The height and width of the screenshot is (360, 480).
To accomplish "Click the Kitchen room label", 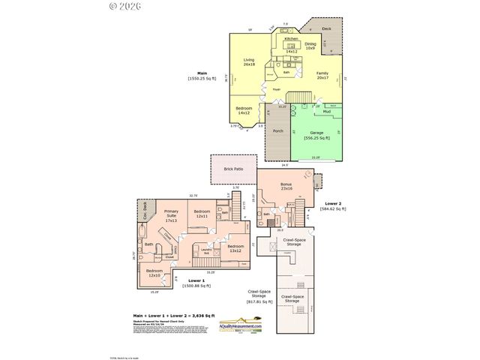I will coord(291,38).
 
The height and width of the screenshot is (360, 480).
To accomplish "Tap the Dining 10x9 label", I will coord(310,46).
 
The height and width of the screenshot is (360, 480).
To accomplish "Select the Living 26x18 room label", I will coord(249,62).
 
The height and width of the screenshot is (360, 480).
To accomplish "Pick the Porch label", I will coord(278,131).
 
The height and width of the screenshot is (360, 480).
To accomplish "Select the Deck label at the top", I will coord(326,28).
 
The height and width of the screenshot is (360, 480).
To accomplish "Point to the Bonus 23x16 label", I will coord(286,186).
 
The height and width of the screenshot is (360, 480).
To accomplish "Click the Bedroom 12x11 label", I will coord(202,214).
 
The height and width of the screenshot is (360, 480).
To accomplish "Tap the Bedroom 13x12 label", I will coord(235,248).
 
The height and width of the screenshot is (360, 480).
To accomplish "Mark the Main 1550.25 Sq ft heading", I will coord(202,76).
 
